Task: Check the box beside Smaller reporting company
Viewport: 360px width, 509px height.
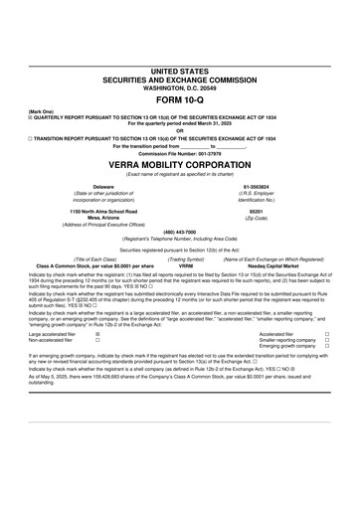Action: (326, 341)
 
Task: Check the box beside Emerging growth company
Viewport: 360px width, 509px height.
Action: (326, 347)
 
